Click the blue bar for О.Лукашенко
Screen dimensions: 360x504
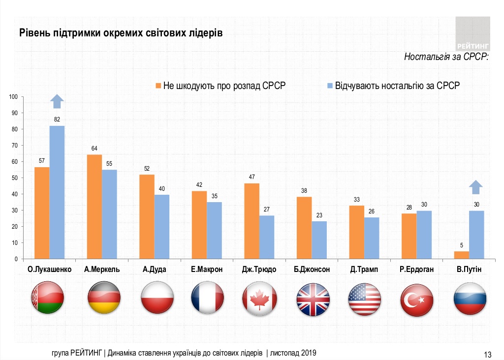(x=57, y=192)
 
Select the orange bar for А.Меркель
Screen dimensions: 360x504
(x=94, y=207)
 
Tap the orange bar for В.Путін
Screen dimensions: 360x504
(x=462, y=255)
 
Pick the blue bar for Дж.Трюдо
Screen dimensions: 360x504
(x=267, y=237)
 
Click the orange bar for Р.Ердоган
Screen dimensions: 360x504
(x=409, y=236)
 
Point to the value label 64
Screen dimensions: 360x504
(x=94, y=149)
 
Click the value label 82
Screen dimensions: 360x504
(x=57, y=120)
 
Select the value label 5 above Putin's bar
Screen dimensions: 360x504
(x=462, y=245)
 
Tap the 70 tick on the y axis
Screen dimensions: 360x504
(x=15, y=146)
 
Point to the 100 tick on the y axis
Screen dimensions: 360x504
(x=13, y=97)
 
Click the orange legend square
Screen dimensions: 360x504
(x=158, y=86)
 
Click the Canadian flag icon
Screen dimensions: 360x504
(x=259, y=299)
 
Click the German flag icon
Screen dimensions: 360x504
(x=102, y=299)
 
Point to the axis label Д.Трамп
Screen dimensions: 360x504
(x=364, y=270)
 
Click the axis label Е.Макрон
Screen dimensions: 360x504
(x=207, y=270)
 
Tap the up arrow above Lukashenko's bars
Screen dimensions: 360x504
(x=57, y=101)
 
